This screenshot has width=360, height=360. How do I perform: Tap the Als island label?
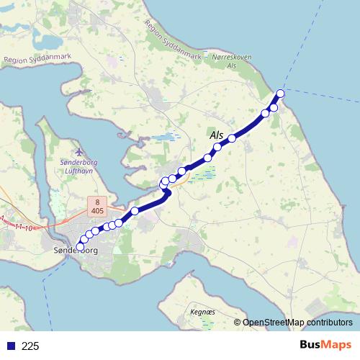pyautogui.click(x=216, y=135)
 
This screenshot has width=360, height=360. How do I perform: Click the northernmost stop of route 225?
pyautogui.click(x=280, y=94)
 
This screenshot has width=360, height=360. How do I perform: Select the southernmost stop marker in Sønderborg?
pyautogui.click(x=80, y=246)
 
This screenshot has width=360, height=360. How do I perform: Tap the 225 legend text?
pyautogui.click(x=30, y=346)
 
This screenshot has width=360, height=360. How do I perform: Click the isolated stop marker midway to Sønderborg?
pyautogui.click(x=135, y=211)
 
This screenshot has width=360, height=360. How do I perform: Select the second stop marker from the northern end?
pyautogui.click(x=274, y=107)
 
